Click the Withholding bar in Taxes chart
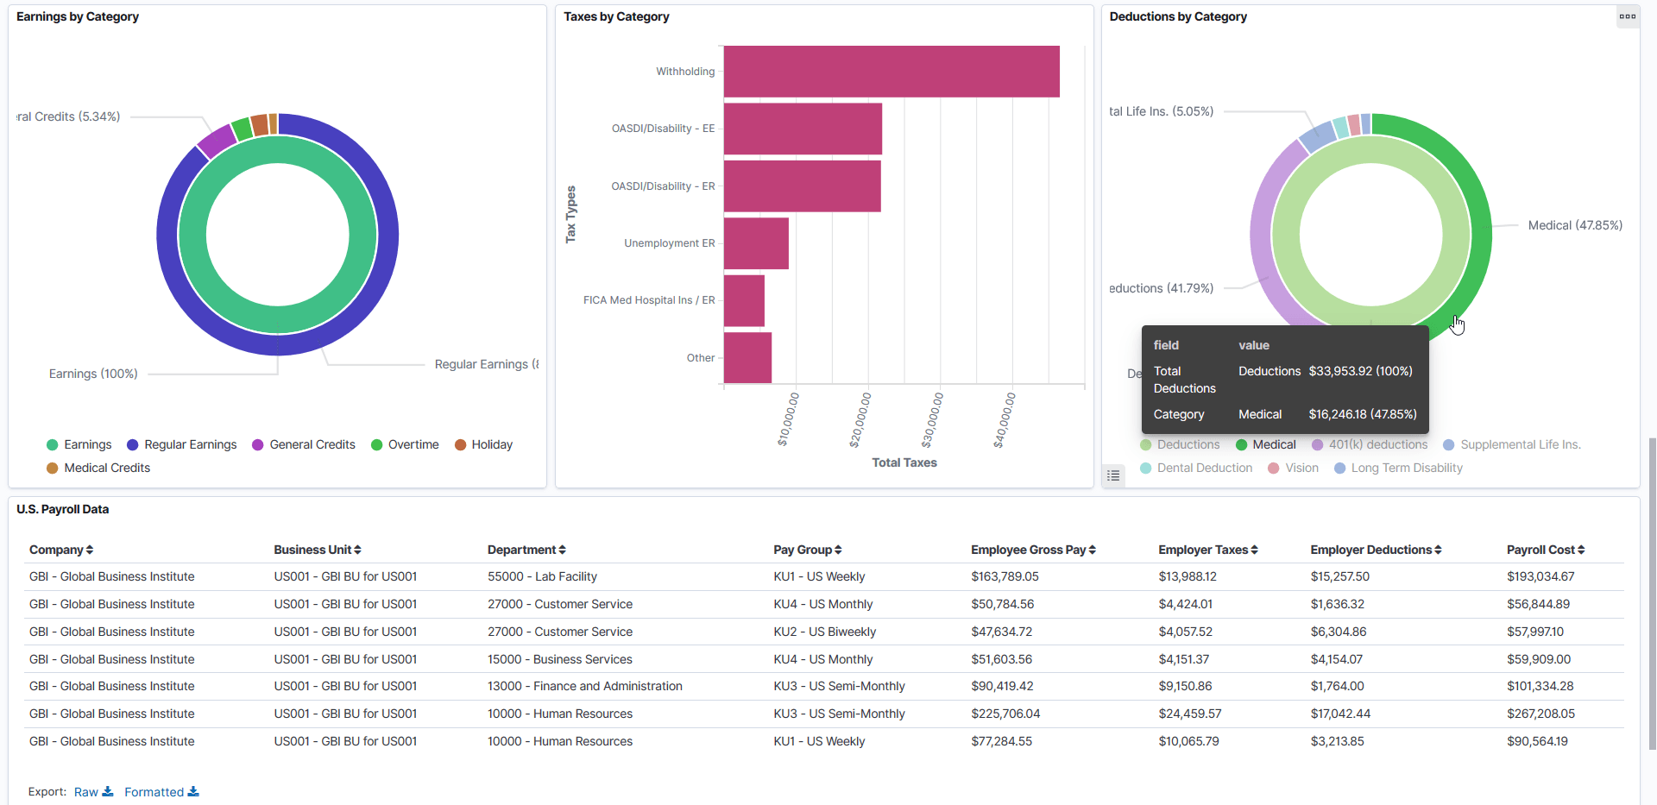(x=891, y=72)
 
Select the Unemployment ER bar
(x=756, y=243)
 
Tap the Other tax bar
(x=747, y=358)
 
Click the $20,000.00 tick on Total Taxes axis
(x=860, y=420)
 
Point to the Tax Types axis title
(x=570, y=214)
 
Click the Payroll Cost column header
(x=1545, y=550)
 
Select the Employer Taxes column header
(x=1207, y=550)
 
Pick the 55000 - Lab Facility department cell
(x=542, y=577)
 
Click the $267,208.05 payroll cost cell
(x=1540, y=714)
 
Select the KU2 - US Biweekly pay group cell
(x=824, y=632)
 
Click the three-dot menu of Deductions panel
(x=1627, y=16)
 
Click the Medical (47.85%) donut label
(x=1574, y=226)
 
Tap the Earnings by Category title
(x=78, y=16)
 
